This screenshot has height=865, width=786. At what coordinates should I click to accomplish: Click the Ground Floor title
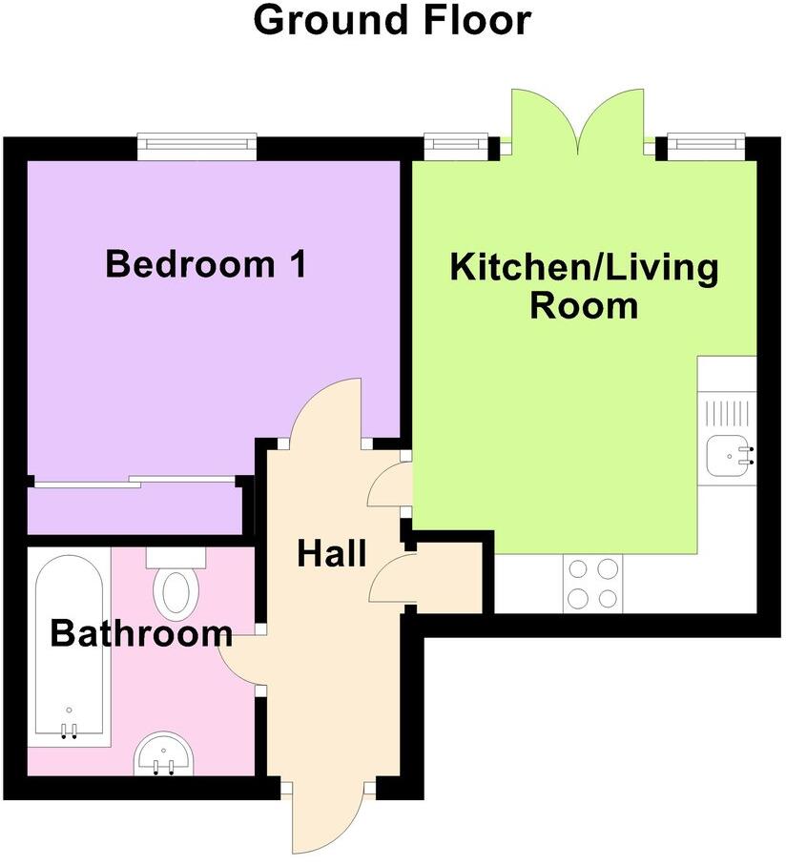(x=392, y=21)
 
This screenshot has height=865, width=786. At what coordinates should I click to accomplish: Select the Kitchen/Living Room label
(x=584, y=286)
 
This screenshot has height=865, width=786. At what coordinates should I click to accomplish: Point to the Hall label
(x=331, y=552)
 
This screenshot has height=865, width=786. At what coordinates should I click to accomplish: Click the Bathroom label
(x=141, y=632)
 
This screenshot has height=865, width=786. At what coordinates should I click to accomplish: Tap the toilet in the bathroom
(x=175, y=587)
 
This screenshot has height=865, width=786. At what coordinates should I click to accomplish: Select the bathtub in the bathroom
(x=68, y=649)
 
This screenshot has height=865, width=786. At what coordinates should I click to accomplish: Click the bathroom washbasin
(x=163, y=754)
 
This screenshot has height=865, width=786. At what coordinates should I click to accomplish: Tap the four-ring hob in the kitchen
(x=591, y=583)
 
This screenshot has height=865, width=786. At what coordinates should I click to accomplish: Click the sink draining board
(x=727, y=413)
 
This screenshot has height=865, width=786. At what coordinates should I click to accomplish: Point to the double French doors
(x=577, y=121)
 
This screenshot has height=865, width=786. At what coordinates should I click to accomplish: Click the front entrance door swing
(x=327, y=820)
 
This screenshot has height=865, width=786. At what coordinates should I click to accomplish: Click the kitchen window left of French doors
(x=455, y=146)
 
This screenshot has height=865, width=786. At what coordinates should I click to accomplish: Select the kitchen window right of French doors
(x=705, y=146)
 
